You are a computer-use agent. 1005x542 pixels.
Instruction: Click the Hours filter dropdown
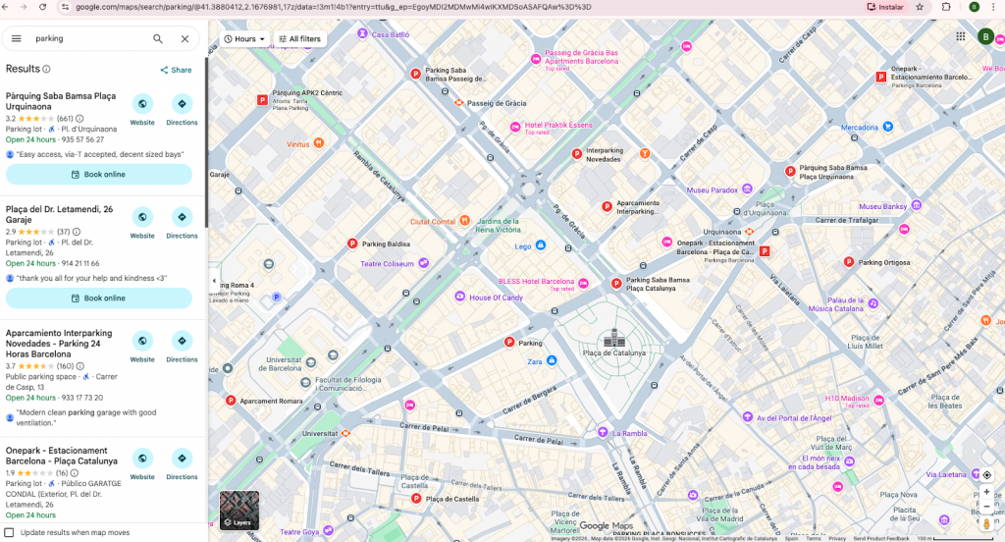244,39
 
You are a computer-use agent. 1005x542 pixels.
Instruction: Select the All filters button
299,39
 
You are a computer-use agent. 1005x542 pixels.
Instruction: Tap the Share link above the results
176,70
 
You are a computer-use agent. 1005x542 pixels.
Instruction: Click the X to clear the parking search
185,39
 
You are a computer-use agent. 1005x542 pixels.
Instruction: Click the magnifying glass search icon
158,39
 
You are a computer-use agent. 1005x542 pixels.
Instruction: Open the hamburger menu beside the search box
17,39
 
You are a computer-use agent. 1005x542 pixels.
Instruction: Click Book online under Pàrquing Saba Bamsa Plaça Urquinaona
98,175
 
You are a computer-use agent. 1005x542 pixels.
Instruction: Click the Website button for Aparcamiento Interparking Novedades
142,341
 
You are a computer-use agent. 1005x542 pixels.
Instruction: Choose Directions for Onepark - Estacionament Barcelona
182,459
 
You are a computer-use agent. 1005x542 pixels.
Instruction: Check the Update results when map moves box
10,532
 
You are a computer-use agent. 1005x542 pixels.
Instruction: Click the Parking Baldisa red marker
352,244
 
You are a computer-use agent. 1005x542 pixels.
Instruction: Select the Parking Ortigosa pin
849,262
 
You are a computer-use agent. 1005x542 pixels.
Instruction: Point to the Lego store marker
540,246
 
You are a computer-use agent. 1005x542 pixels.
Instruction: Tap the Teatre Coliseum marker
423,263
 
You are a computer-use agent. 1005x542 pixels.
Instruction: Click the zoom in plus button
986,492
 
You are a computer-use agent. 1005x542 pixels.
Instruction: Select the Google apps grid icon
960,36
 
